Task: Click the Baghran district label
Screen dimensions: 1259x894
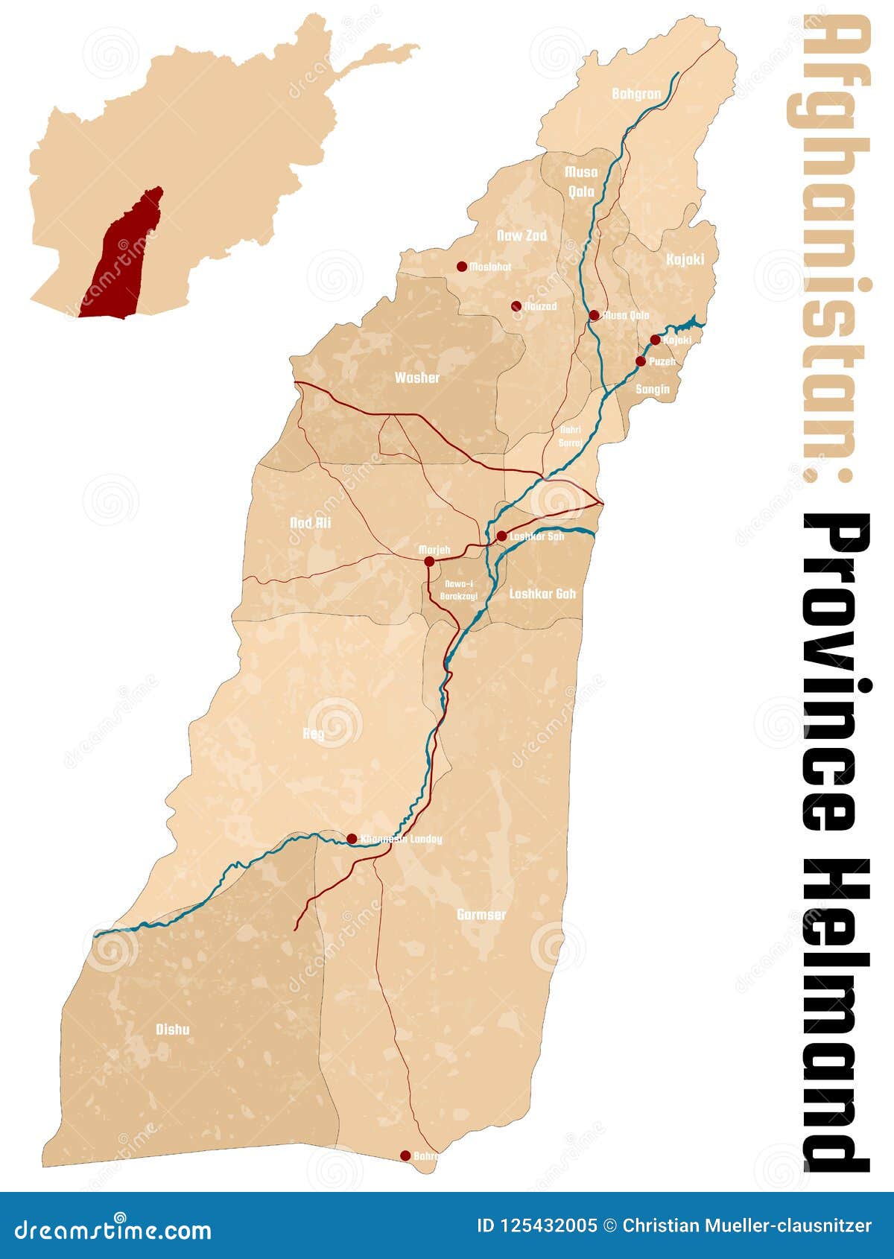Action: click(636, 94)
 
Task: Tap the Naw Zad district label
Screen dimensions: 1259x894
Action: click(521, 235)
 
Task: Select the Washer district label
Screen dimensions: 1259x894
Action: click(417, 378)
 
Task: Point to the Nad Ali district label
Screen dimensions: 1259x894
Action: click(310, 523)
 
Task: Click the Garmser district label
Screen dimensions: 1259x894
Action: click(481, 914)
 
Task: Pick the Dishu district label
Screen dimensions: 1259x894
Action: click(172, 1030)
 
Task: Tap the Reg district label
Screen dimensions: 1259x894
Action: click(314, 734)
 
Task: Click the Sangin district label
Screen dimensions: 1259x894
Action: click(653, 389)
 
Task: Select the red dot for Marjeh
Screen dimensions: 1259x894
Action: click(429, 562)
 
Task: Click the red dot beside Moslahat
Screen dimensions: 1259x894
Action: click(462, 266)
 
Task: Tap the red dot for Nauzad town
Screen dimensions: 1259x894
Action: click(516, 305)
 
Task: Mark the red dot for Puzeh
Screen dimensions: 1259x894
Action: click(641, 361)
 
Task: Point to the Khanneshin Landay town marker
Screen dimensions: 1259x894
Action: click(352, 839)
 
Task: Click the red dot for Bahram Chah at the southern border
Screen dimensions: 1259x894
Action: click(405, 1156)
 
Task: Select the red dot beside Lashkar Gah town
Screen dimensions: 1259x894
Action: click(502, 536)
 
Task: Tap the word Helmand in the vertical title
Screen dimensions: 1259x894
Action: click(836, 1013)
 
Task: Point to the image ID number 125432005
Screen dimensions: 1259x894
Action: click(536, 1225)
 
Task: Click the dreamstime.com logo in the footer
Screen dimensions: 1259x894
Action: click(113, 1229)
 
